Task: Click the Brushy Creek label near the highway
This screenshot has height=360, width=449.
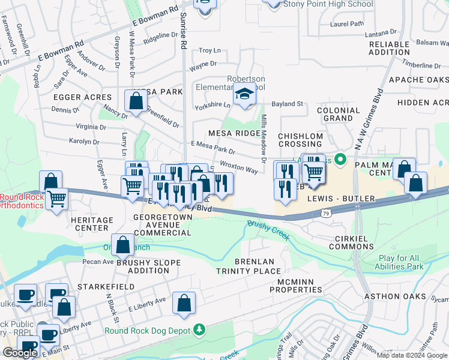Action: click(268, 230)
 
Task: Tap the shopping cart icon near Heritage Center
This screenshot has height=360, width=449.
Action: click(57, 198)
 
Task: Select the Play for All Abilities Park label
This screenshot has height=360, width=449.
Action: click(409, 262)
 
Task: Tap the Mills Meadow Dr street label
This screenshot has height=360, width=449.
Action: click(263, 138)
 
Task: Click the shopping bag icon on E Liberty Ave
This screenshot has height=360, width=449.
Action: click(184, 304)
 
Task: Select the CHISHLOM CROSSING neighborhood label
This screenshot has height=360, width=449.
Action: click(300, 140)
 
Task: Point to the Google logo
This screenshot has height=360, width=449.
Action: click(20, 353)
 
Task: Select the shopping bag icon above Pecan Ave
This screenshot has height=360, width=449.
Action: click(123, 245)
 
